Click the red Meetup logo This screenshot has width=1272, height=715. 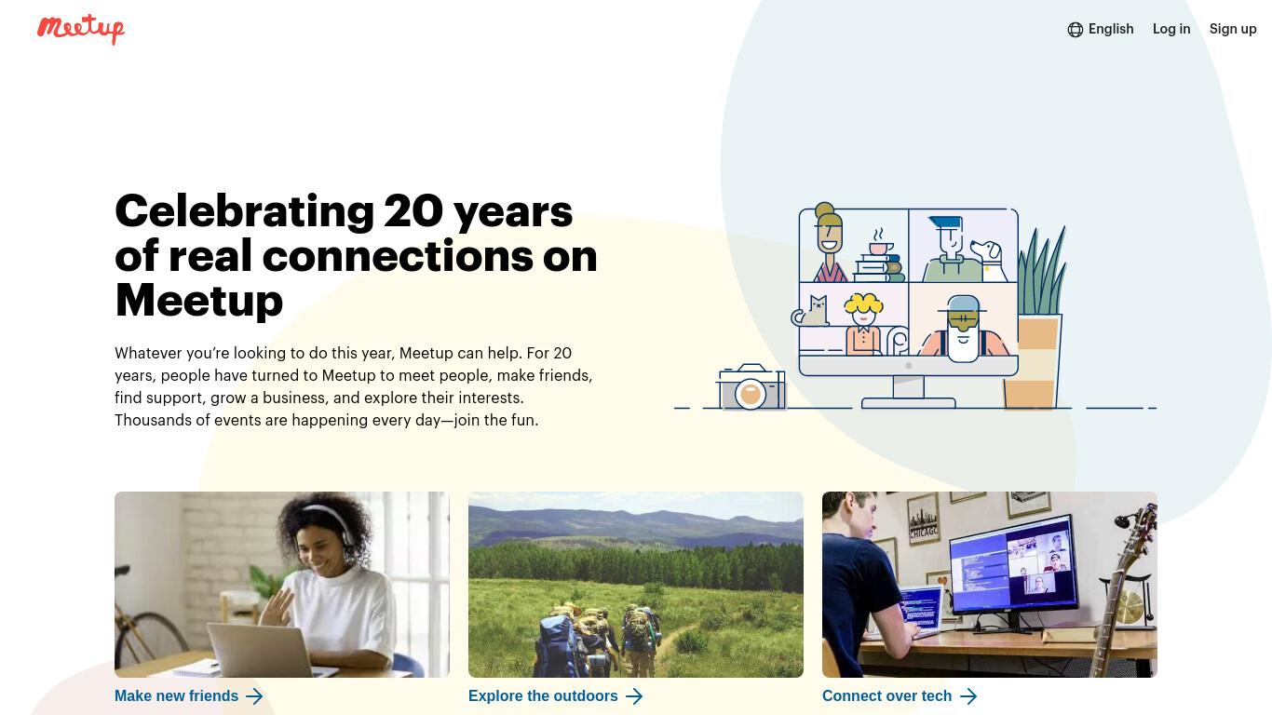pyautogui.click(x=81, y=29)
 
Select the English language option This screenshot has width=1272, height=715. pyautogui.click(x=1111, y=29)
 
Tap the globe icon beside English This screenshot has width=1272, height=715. pyautogui.click(x=1075, y=30)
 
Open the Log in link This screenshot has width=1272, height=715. pyautogui.click(x=1171, y=29)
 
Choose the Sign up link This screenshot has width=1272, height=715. pyautogui.click(x=1233, y=29)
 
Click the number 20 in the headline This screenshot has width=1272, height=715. pyautogui.click(x=413, y=211)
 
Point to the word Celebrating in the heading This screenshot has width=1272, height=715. pyautogui.click(x=244, y=211)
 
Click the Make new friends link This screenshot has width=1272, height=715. pyautogui.click(x=188, y=695)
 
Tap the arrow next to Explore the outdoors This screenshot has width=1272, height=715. pyautogui.click(x=634, y=696)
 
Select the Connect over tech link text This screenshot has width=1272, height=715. pyautogui.click(x=886, y=695)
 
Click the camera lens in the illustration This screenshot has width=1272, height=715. pyautogui.click(x=751, y=393)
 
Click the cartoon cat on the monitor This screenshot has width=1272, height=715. pyautogui.click(x=811, y=312)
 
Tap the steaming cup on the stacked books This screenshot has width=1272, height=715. pyautogui.click(x=880, y=244)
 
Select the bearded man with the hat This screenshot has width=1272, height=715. pyautogui.click(x=963, y=330)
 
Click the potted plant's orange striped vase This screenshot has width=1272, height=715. pyautogui.click(x=1032, y=362)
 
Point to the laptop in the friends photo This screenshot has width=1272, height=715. pyautogui.click(x=263, y=650)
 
